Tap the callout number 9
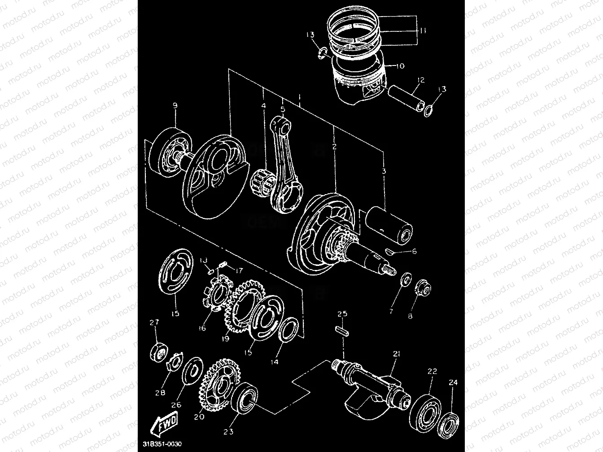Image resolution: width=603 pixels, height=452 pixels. coord(175,106)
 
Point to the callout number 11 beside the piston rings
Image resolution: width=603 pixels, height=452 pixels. coord(423,31)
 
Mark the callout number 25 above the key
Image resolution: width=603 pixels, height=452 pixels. coord(342,314)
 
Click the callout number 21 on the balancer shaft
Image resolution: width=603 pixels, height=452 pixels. coord(396,354)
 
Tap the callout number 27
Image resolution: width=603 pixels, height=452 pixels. coord(155,322)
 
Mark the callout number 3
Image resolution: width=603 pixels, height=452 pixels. coord(384,171)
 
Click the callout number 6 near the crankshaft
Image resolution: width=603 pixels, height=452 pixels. coord(414,252)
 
